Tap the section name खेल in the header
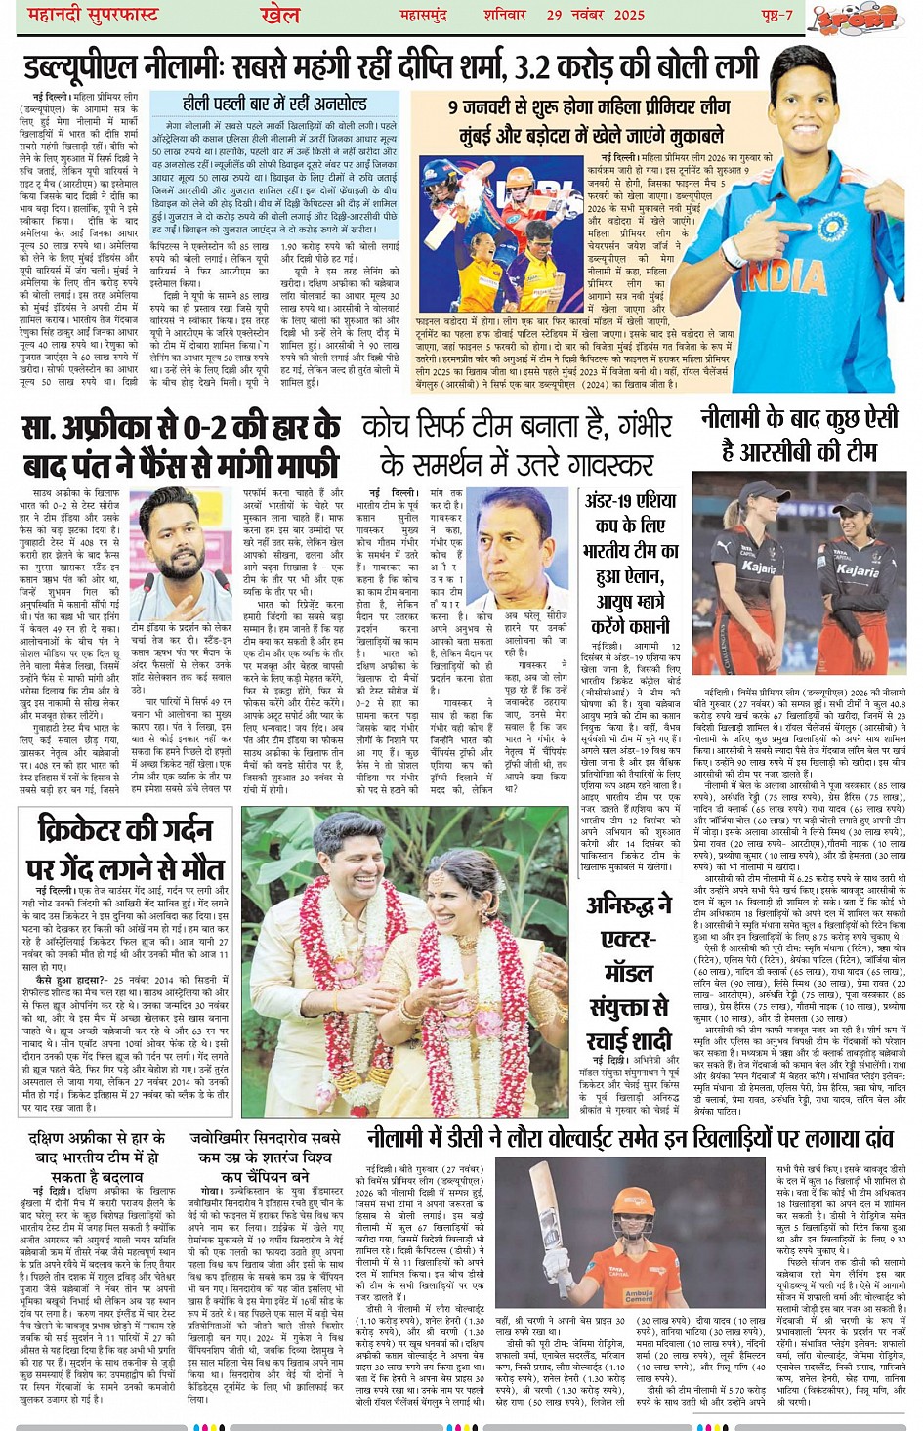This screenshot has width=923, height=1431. click(280, 14)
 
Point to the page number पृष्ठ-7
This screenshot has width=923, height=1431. click(776, 14)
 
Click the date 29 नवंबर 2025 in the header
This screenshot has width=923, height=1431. click(595, 14)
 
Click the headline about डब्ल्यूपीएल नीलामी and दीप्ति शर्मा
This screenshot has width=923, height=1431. click(391, 66)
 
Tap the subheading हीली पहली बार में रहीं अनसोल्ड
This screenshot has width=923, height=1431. click(274, 103)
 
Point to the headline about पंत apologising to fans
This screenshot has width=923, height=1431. click(181, 445)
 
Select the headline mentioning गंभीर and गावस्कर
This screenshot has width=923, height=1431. click(517, 443)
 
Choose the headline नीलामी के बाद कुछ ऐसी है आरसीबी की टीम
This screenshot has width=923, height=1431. click(799, 434)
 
